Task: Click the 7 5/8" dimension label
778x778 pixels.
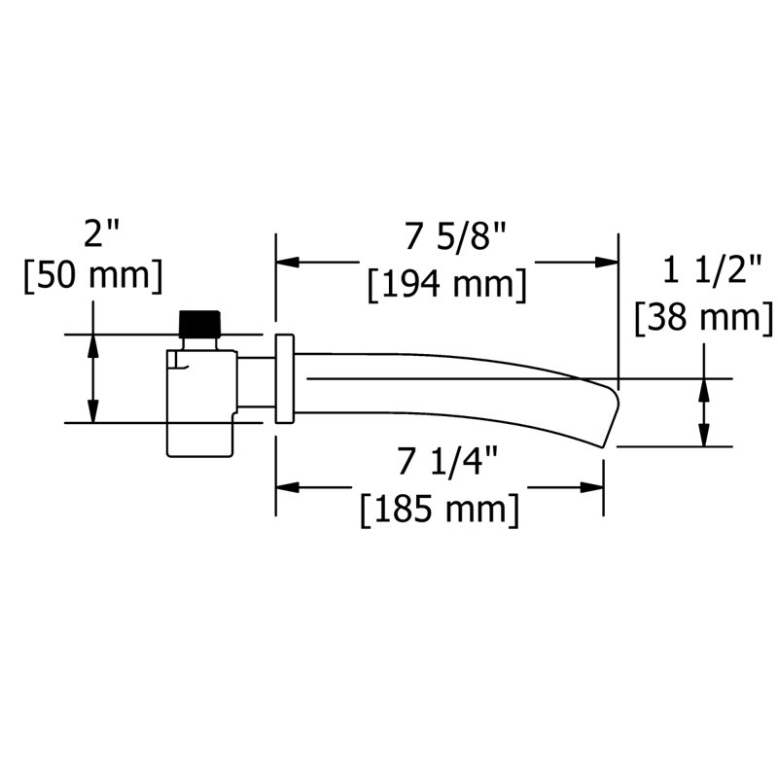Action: click(x=455, y=236)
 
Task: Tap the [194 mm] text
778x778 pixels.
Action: click(x=446, y=285)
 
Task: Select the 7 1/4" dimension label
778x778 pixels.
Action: click(x=447, y=461)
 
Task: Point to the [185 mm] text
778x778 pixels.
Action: click(x=440, y=510)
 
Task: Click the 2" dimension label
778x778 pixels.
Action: click(x=101, y=232)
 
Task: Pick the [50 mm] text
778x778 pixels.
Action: click(x=93, y=276)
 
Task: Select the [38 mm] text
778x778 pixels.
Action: click(x=704, y=317)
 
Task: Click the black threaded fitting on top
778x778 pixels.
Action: click(x=199, y=324)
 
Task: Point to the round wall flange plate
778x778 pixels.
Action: click(x=285, y=379)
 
